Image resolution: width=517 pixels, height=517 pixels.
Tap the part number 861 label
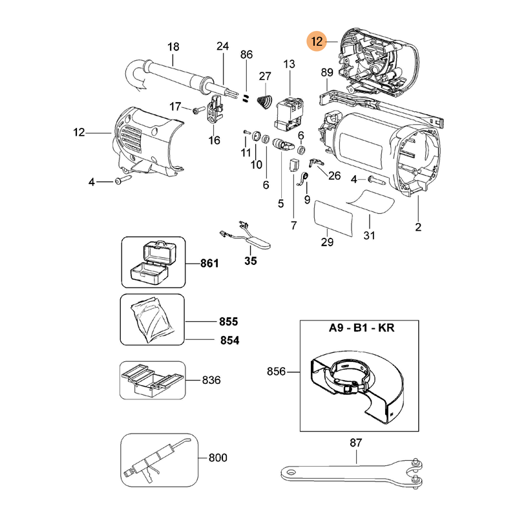[209, 264]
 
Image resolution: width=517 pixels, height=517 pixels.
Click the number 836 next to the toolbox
[211, 380]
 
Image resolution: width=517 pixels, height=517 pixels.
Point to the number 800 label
[218, 458]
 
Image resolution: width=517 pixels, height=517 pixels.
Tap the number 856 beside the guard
[277, 372]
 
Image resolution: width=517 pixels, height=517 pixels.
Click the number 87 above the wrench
[356, 443]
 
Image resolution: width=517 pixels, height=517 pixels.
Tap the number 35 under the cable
[250, 262]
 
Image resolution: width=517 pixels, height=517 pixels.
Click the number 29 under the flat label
[327, 242]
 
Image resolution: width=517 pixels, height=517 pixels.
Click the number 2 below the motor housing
[418, 227]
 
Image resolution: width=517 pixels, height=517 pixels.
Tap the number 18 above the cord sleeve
[173, 47]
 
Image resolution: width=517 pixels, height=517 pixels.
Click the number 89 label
[326, 73]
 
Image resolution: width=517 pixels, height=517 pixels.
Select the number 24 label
[223, 47]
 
